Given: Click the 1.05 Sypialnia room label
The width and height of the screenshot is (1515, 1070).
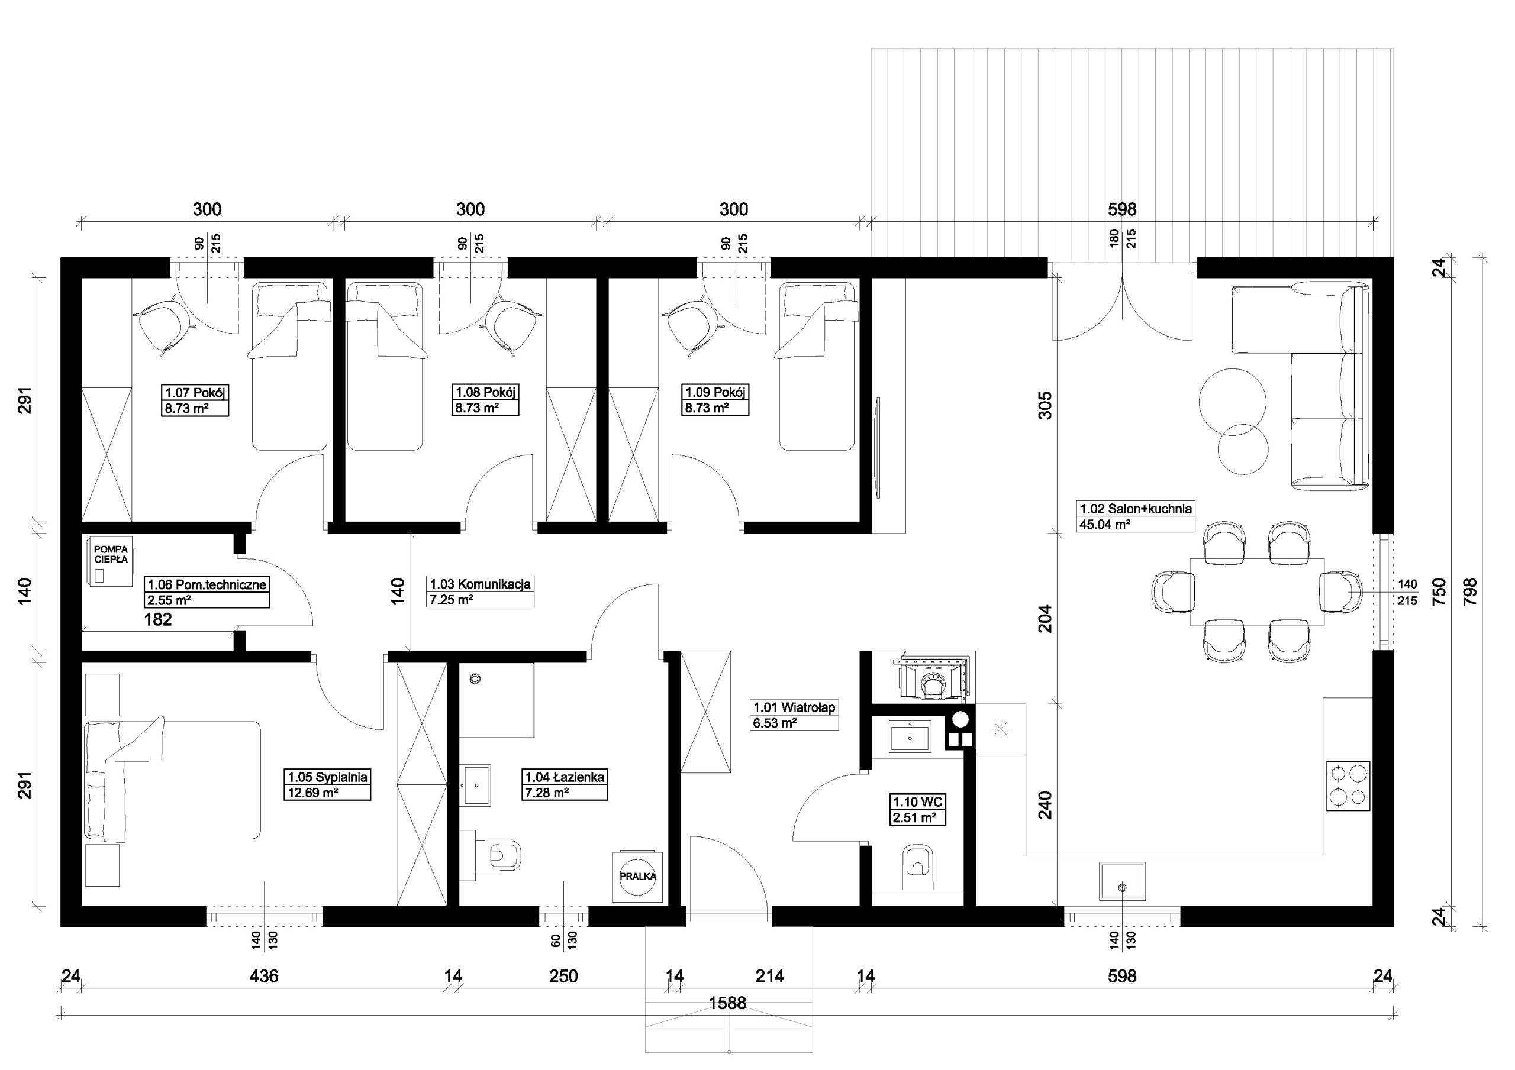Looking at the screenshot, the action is click(x=328, y=784).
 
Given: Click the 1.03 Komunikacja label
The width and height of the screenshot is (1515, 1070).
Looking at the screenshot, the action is click(x=481, y=591).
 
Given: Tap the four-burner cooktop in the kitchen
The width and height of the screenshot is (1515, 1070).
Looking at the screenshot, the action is click(x=1348, y=785).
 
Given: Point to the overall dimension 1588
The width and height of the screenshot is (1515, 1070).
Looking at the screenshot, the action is click(x=727, y=1003).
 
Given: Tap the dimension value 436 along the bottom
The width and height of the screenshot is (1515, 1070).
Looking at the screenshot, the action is click(x=264, y=976).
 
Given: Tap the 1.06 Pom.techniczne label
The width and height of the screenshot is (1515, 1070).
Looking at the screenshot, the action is click(x=207, y=591).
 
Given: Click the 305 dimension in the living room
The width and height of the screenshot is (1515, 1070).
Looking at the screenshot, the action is click(x=1046, y=405).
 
